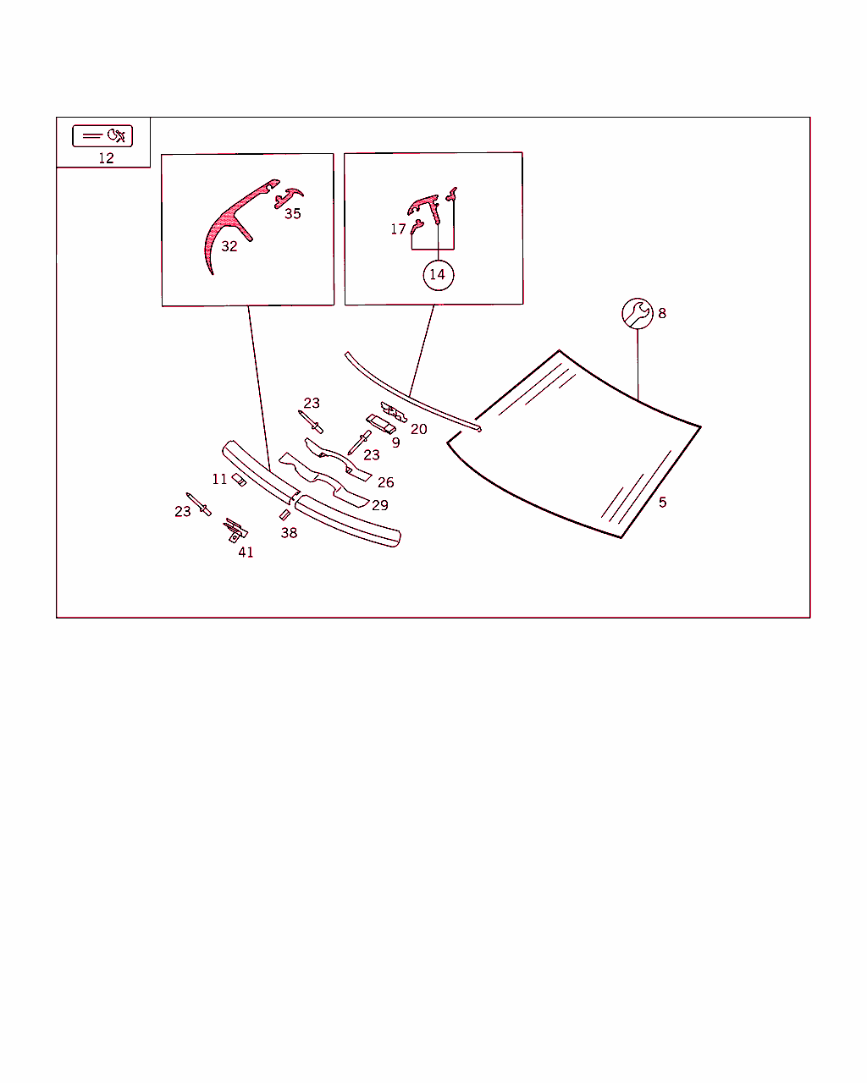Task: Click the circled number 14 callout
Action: click(x=439, y=275)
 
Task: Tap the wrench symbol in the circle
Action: click(x=638, y=314)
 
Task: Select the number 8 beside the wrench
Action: click(x=662, y=314)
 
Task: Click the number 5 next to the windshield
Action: click(x=662, y=503)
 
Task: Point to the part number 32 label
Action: click(x=229, y=246)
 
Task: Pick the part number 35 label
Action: click(x=293, y=214)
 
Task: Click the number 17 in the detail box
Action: click(x=398, y=229)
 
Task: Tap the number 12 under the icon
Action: click(x=107, y=158)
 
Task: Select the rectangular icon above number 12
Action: click(x=102, y=136)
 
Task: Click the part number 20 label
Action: click(x=418, y=429)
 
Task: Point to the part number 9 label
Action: click(x=396, y=443)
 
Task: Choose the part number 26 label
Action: click(x=386, y=482)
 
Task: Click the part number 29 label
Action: click(x=380, y=505)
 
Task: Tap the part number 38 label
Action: click(x=290, y=533)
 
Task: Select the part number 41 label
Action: click(x=246, y=552)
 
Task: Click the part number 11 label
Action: click(x=219, y=479)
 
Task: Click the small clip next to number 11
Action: click(x=239, y=480)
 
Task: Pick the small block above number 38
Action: click(x=284, y=514)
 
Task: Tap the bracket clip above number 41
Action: click(x=235, y=531)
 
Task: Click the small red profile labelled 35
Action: click(x=288, y=197)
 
